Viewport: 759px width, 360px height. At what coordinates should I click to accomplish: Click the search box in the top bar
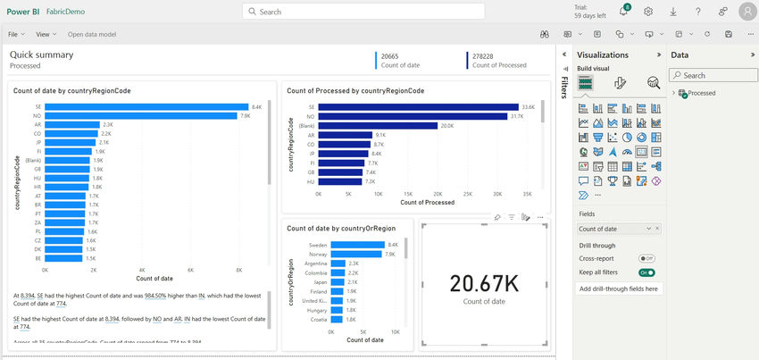363,12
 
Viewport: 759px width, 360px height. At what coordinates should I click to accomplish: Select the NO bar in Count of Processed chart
414,116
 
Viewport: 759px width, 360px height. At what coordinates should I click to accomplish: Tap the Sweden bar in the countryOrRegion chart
357,244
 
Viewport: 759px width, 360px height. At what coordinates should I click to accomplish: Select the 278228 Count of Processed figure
483,55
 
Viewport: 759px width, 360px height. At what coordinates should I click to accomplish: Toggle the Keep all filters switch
646,272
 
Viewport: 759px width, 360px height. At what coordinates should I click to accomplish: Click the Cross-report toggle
646,258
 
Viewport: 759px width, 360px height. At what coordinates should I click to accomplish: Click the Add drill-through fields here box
620,289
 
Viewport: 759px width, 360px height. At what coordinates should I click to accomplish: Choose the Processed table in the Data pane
702,93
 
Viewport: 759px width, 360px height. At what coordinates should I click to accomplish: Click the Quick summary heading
41,54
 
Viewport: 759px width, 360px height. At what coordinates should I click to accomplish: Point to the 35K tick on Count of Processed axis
527,193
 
